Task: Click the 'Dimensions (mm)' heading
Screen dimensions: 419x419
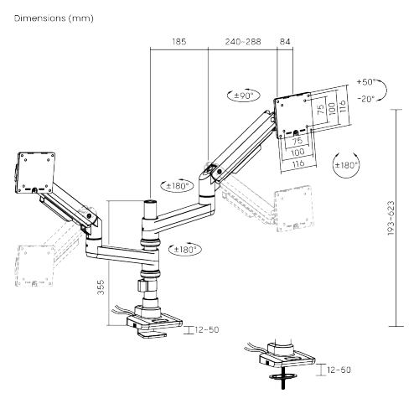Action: (54, 18)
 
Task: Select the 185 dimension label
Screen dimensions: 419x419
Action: (179, 42)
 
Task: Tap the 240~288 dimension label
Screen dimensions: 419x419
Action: (243, 42)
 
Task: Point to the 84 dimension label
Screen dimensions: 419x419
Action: (285, 42)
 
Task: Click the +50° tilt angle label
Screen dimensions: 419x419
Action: (366, 82)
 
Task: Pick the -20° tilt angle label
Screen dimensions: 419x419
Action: (366, 99)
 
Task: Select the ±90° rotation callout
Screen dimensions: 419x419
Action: (244, 96)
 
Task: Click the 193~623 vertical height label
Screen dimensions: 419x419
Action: (391, 218)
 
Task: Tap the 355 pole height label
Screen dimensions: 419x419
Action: (101, 287)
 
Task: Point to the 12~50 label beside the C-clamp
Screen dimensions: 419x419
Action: (207, 330)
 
